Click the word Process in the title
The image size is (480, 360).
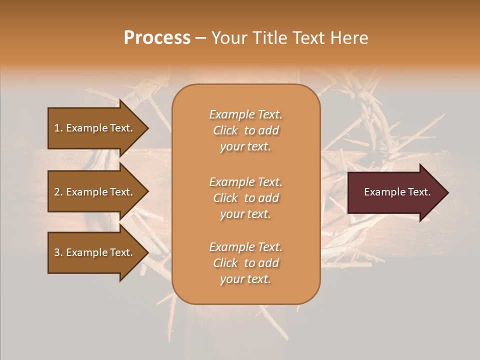point(157,38)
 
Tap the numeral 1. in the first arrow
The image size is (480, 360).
point(58,128)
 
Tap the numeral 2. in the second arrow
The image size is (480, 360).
point(58,192)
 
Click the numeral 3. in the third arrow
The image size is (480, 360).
point(58,252)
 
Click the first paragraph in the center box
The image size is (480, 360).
point(245,130)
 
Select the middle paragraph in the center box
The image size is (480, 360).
point(245,198)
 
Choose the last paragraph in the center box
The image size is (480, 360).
point(245,263)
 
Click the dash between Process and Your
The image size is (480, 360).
point(200,38)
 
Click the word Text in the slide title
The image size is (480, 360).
point(308,38)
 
